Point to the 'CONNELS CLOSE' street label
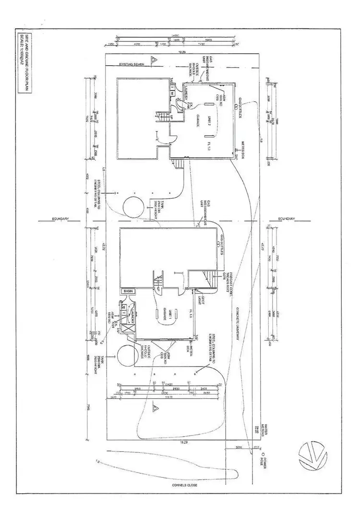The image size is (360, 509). point(184,485)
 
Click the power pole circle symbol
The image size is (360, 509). point(262,452)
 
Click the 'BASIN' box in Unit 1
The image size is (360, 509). point(128,291)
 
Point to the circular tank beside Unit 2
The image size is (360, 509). point(132,207)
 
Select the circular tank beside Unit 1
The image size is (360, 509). point(127,355)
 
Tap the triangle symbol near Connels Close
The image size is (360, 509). point(155,409)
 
